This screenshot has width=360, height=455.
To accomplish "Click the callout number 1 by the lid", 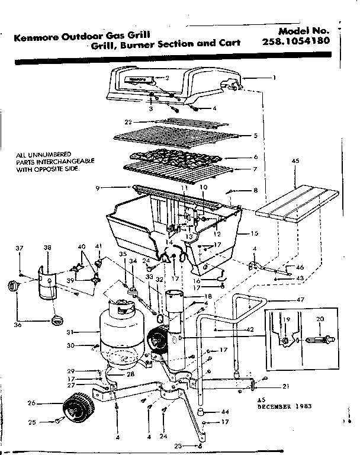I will click(x=274, y=77).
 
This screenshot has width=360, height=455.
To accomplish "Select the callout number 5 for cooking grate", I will click(x=255, y=136).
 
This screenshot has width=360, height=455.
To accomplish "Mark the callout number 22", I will click(x=127, y=121).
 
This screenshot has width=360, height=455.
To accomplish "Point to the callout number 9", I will click(x=95, y=188).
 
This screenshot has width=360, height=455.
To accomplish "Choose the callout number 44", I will click(x=225, y=411).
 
